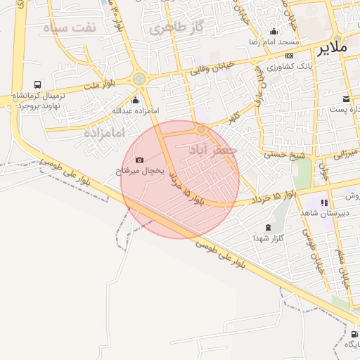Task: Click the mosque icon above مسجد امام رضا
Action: point(274,32)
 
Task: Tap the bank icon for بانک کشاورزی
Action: point(289,56)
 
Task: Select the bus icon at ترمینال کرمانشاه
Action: point(37,84)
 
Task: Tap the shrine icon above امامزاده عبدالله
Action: point(136,100)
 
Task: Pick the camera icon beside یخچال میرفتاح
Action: point(139,160)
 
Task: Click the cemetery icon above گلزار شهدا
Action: point(268,227)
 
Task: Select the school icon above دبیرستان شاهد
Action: point(324,202)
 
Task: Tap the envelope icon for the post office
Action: point(346,98)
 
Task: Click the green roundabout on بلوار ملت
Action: point(139,79)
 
